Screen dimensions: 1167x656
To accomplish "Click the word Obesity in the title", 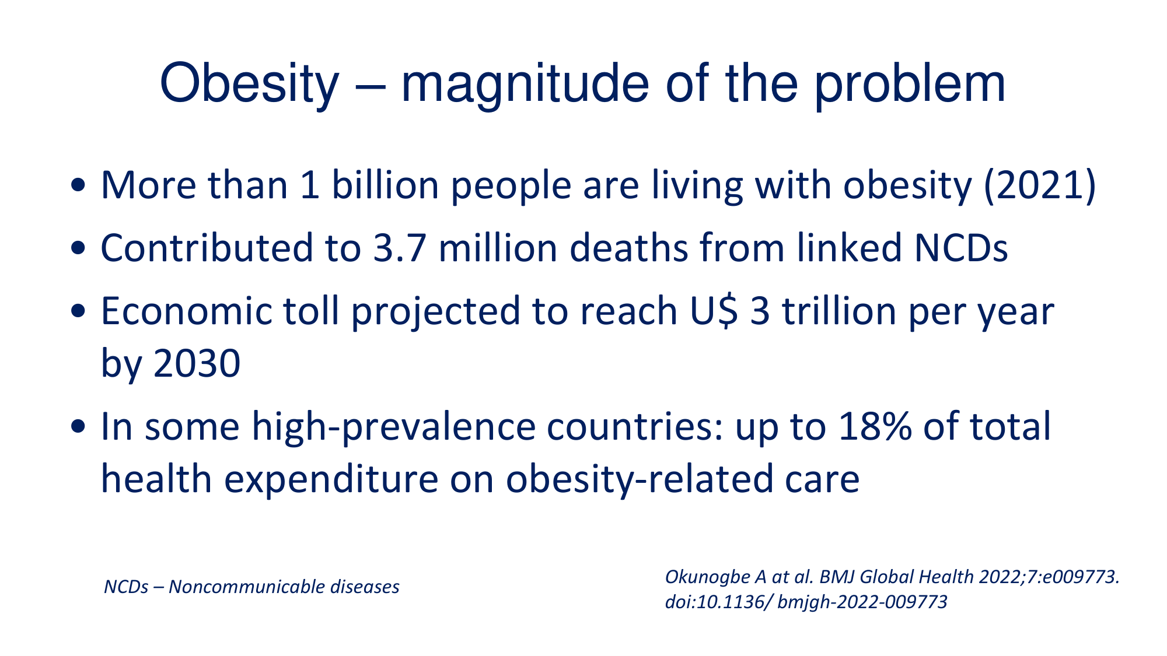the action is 249,85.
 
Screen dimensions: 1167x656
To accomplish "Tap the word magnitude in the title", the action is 525,85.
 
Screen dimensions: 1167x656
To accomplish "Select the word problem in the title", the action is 910,85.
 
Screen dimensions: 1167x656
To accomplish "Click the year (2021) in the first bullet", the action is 1040,185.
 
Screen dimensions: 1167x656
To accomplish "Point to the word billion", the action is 385,185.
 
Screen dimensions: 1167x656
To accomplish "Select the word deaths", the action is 628,248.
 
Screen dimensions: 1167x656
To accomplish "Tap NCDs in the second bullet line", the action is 961,248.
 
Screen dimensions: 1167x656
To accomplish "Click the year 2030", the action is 197,363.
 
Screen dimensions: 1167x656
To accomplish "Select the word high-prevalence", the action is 394,427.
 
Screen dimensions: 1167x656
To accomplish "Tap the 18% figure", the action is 875,427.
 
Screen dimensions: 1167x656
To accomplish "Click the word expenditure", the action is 331,479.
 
